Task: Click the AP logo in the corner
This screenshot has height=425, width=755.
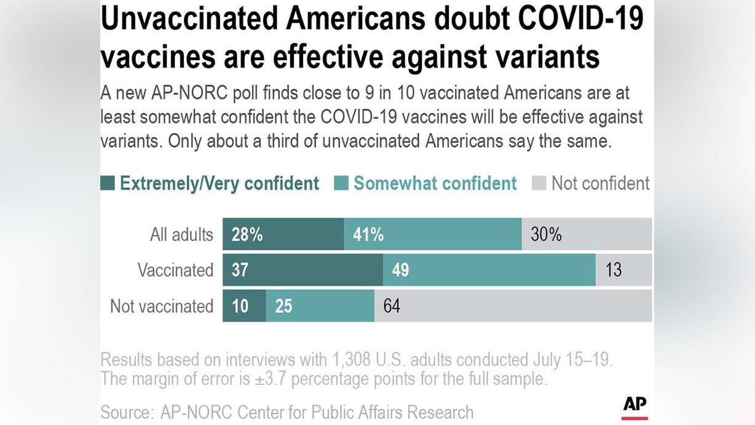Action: [634, 407]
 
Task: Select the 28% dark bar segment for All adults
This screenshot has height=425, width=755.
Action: [283, 234]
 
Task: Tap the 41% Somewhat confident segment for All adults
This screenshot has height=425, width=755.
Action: [432, 234]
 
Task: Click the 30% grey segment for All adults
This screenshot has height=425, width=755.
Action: [587, 234]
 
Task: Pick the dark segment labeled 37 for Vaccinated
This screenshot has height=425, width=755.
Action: [302, 270]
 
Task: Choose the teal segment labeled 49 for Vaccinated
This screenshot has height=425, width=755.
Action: [489, 270]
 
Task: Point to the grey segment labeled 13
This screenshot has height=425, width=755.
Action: [623, 270]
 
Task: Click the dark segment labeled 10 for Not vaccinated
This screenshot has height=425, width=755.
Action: [244, 306]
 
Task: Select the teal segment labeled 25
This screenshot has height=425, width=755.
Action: [320, 306]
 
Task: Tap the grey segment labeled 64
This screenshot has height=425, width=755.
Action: [513, 306]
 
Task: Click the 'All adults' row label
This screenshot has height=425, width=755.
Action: [181, 234]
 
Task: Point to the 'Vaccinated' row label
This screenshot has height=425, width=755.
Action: [175, 270]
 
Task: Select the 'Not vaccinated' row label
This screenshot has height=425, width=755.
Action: [162, 306]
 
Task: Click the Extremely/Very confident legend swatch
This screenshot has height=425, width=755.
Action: [108, 183]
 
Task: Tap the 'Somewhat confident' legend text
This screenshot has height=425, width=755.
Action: [435, 183]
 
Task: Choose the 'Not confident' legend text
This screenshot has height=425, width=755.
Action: [600, 183]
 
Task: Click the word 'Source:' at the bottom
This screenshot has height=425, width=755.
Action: [127, 411]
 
